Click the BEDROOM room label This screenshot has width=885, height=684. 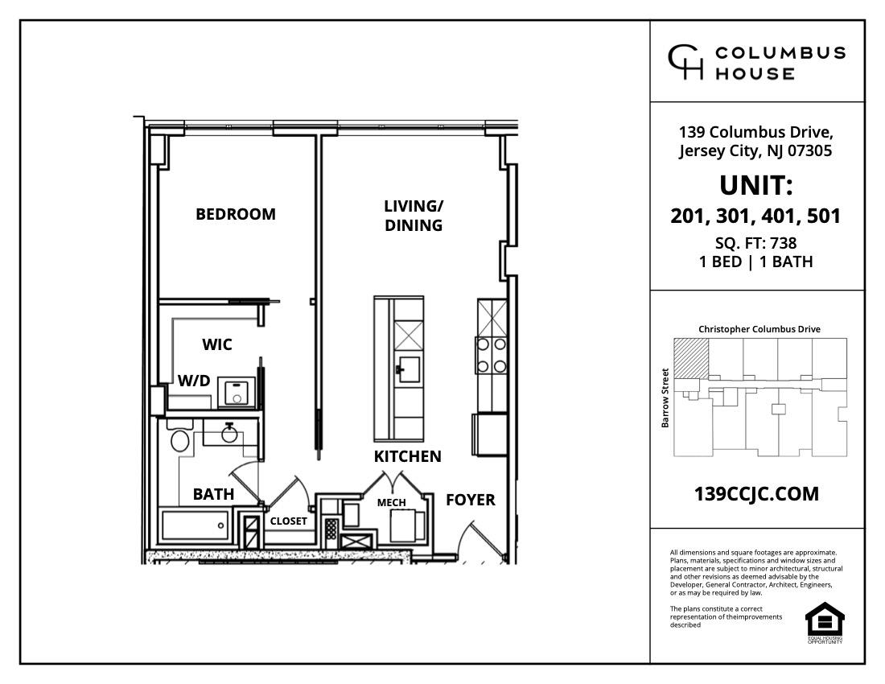coord(236,214)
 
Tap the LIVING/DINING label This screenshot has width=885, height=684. coord(414,216)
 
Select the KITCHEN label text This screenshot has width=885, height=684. coord(408,456)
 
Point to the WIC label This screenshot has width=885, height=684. coord(217,344)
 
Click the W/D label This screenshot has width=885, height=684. coord(194,380)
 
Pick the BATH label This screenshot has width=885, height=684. coord(213,494)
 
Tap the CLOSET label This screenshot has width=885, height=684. coord(288,521)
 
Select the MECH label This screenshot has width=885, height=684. coord(392,503)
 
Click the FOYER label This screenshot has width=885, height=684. coord(471,500)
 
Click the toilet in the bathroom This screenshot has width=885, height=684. coord(180,440)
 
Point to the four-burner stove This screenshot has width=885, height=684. coord(492,354)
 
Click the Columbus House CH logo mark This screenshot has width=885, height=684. coord(686,62)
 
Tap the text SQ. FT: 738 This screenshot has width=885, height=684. coord(756,243)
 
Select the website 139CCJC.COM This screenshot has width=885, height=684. coord(756,493)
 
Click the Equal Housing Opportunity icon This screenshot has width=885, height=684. coord(825,621)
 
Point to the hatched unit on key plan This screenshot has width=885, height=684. coord(691,356)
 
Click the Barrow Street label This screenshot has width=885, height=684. coord(665,398)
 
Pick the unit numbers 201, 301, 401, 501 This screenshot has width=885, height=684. coord(756,216)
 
